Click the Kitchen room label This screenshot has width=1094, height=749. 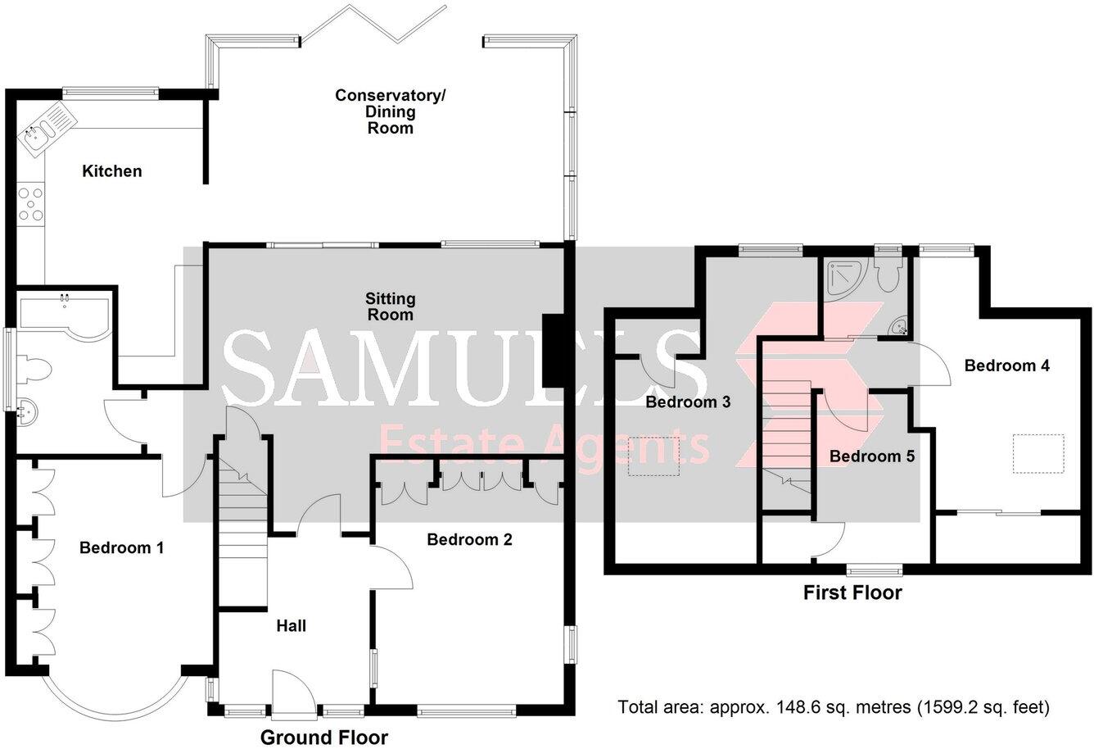coord(112,171)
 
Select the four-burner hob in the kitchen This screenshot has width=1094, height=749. coord(33,204)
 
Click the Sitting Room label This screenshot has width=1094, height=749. coord(390,306)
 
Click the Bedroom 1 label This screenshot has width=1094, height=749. coord(121,547)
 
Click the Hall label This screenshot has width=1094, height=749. coord(291,626)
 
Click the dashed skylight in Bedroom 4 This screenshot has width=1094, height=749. coord(1038,453)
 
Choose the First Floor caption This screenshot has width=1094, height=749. coord(852,592)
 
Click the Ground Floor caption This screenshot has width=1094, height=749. coord(323,737)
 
